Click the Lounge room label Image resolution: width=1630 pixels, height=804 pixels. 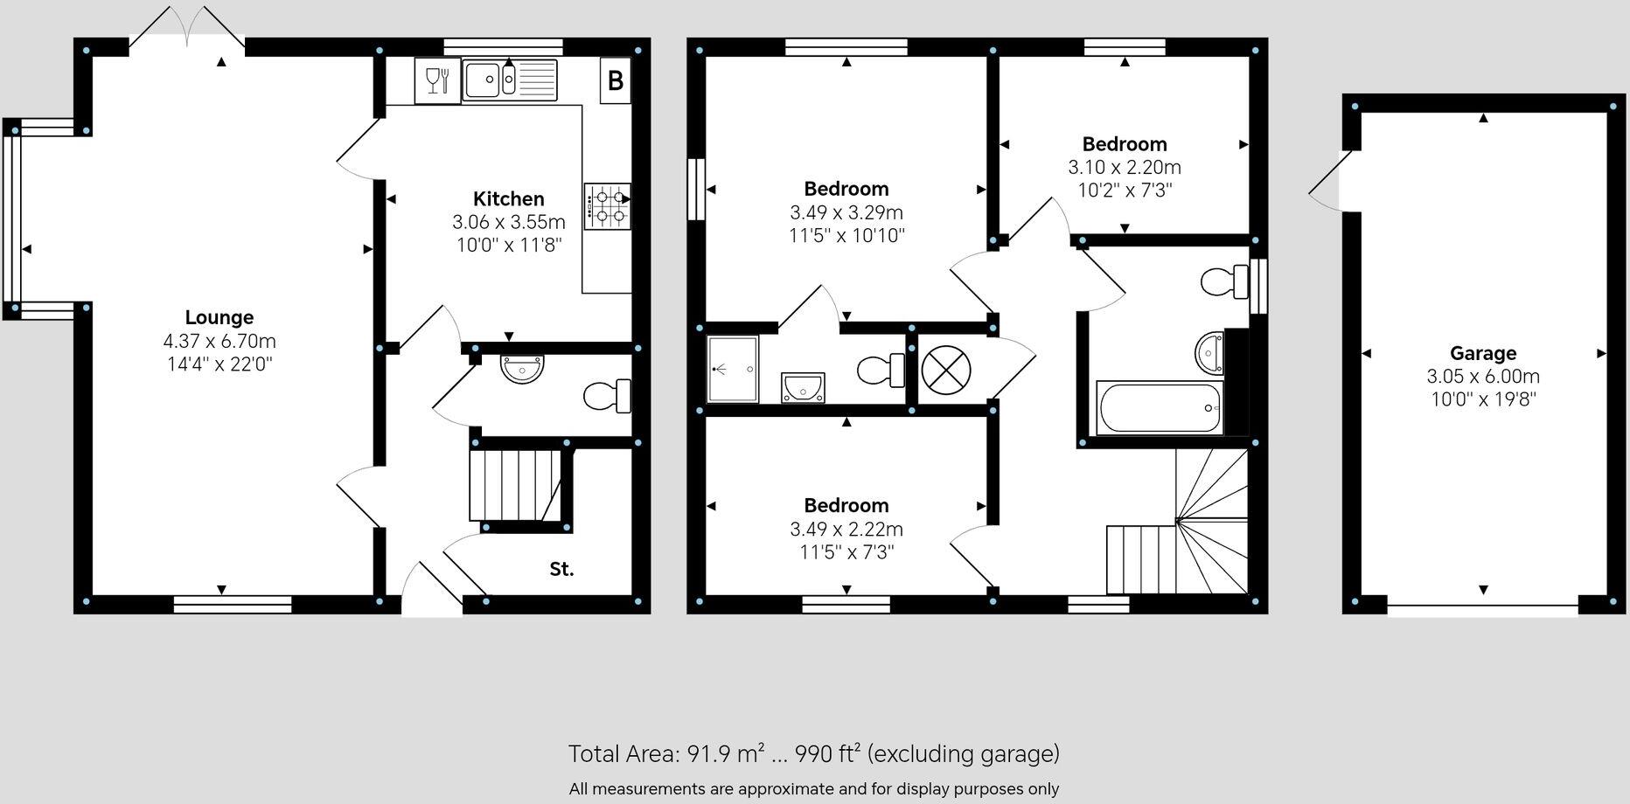pos(219,318)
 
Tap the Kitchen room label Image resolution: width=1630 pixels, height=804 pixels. pos(508,199)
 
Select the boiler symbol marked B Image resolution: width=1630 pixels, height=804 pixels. pos(616,80)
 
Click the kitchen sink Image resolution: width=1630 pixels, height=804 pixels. pos(510,80)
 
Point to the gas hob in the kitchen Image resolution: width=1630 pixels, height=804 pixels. pos(607,206)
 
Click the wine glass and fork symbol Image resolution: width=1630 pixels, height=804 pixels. pos(437,80)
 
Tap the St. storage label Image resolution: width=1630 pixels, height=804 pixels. pos(561,570)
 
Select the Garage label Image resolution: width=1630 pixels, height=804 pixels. pos(1483,354)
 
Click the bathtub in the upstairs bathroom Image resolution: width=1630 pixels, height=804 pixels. pos(1160,408)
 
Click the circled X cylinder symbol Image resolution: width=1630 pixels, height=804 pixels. pos(946,369)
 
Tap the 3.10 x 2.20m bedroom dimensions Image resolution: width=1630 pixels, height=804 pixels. pos(1125,167)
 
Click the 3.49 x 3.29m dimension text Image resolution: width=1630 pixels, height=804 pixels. pos(846,212)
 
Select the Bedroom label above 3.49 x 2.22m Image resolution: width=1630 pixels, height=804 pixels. pos(846,505)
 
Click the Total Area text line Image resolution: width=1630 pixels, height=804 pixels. pos(814,753)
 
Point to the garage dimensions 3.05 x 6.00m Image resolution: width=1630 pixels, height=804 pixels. pos(1483,377)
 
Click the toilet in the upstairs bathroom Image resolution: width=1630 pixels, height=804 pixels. pos(1225,281)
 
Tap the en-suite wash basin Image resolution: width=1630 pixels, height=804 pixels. pos(803,387)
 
